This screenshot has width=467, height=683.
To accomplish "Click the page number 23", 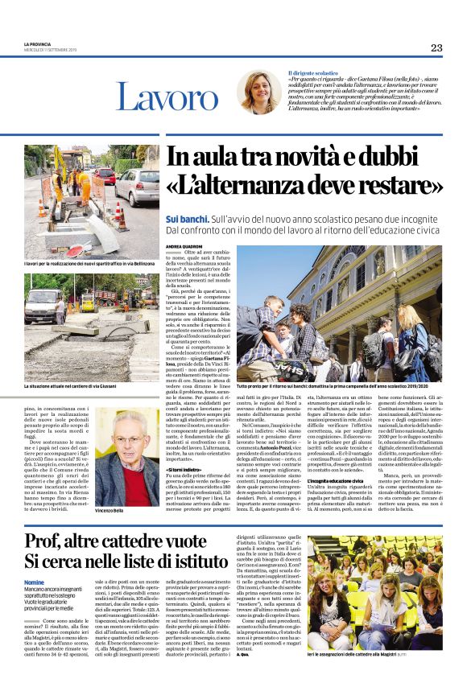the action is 436,47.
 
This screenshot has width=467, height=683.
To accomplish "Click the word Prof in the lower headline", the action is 51,541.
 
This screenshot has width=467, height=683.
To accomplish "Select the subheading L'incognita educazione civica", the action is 338,458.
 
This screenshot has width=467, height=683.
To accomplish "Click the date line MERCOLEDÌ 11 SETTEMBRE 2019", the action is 50,51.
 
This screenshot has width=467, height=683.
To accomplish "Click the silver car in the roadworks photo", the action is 138,189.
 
